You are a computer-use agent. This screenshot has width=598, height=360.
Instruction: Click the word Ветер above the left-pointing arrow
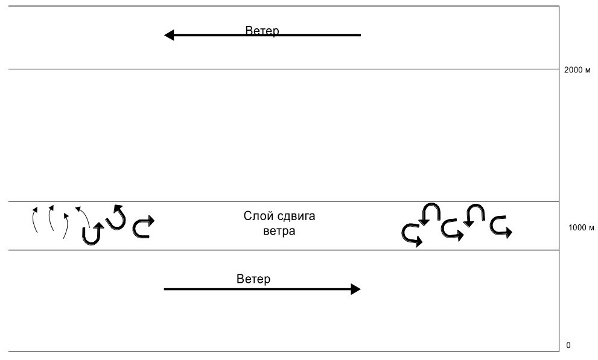point(262,31)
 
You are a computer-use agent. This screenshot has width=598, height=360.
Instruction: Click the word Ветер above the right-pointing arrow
point(254,279)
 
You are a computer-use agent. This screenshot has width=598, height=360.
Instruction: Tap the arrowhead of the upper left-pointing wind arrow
point(170,35)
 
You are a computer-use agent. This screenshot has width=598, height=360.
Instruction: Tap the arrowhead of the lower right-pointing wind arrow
point(355,289)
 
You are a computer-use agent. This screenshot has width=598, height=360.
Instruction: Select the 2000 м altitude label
point(577,70)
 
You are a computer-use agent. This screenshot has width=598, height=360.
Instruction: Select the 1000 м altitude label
point(582,228)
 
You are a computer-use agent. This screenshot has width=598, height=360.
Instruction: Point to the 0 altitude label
point(568,346)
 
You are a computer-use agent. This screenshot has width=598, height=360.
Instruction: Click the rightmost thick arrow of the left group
point(142,226)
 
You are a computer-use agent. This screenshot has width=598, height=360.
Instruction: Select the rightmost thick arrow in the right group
point(500,226)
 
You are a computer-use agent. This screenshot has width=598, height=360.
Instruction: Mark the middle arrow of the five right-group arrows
point(452,230)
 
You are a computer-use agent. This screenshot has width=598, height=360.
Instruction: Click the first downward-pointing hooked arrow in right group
point(430,214)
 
